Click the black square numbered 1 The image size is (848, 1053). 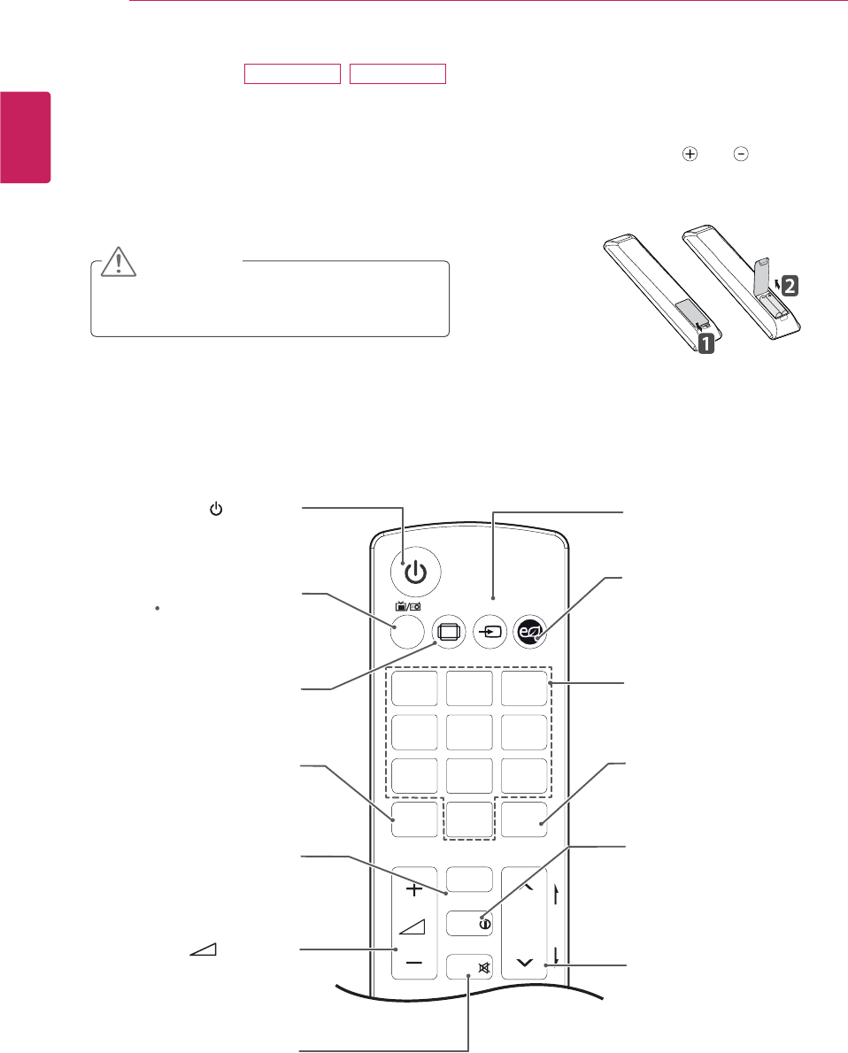click(x=705, y=342)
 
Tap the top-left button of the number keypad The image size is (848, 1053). click(x=415, y=690)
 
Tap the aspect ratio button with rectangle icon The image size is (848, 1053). click(x=448, y=632)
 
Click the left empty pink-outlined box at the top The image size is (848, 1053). click(x=292, y=73)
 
